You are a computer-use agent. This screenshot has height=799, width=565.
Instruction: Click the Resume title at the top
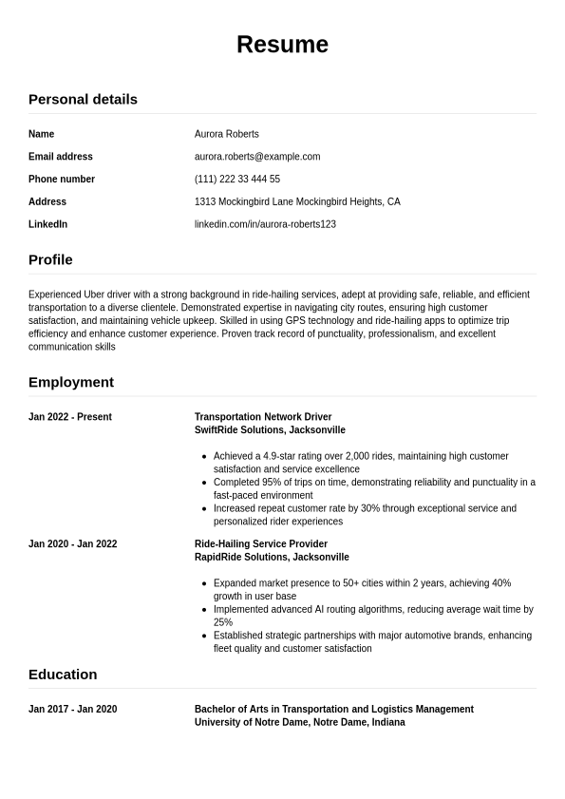pos(282,45)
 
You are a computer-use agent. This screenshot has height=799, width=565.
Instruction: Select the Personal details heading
pos(83,99)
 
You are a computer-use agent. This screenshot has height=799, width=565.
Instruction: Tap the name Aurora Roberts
pos(226,134)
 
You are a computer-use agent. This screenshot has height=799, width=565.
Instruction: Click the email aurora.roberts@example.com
pos(257,157)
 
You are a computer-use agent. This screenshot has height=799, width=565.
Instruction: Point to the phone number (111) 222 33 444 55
pos(237,180)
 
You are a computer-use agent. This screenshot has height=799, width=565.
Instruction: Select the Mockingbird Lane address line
pos(297,201)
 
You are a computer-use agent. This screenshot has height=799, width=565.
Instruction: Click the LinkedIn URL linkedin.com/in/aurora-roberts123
pos(265,224)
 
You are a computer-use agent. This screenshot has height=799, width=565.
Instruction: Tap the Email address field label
pos(61,157)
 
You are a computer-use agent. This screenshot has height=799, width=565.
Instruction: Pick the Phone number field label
pos(62,180)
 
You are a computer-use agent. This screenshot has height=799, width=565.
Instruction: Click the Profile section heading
pos(50,259)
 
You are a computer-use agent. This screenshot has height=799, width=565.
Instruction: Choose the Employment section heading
pos(71,382)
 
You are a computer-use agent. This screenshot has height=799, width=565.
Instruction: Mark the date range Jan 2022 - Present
pos(70,417)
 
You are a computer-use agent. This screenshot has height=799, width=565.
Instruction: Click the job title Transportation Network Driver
pos(263,417)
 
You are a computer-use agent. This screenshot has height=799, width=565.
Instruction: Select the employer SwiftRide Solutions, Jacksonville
pos(270,430)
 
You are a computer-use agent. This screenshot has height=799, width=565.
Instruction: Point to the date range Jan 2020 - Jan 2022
pos(73,544)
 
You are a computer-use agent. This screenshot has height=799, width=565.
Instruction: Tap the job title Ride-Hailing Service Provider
pos(261,544)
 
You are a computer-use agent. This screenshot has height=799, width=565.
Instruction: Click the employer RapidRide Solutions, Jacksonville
pos(272,558)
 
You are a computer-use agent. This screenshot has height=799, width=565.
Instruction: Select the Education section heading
pos(63,675)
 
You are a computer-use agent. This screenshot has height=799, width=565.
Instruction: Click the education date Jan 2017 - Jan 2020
pos(73,710)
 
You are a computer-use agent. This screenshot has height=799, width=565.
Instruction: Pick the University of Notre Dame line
pos(299,723)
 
